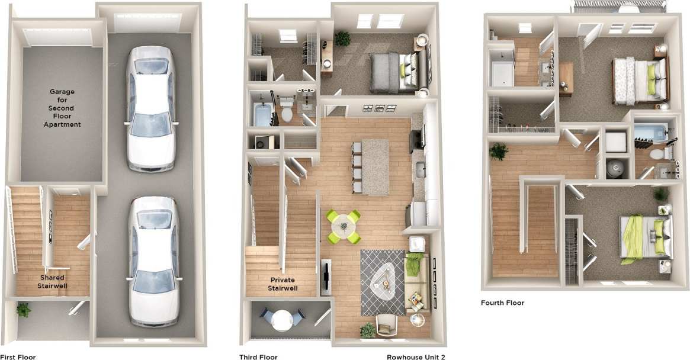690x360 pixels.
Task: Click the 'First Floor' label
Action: pos(18,357)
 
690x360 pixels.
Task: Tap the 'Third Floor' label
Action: pos(258,357)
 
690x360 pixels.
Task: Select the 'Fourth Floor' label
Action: pos(502,303)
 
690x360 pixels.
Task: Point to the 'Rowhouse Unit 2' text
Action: pos(416,357)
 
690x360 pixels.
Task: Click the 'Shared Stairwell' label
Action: pos(53,281)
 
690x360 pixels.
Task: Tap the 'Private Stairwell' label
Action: pos(283,284)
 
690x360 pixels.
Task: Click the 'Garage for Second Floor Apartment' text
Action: pos(62,108)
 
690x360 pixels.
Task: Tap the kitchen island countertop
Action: pos(376,166)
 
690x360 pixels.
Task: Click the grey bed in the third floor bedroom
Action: pos(391,73)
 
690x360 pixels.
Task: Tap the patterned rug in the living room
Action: pos(383,281)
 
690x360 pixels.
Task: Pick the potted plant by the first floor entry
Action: pos(24,310)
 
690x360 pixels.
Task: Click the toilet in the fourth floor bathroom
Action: pos(656,155)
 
